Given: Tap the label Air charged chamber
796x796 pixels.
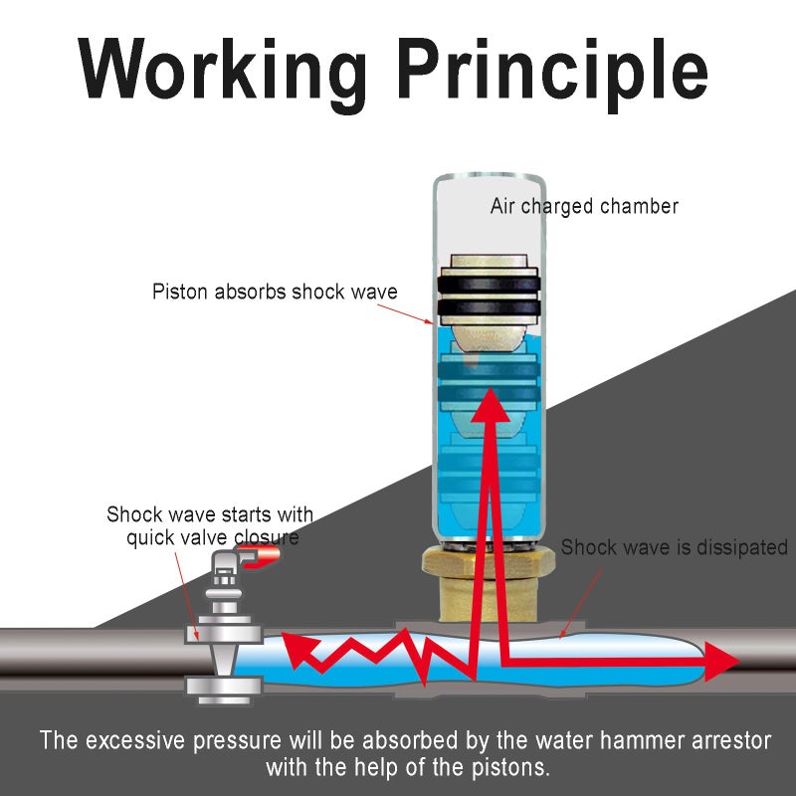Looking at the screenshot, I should point(584,207).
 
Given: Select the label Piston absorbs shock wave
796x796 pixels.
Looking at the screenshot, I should point(275,293).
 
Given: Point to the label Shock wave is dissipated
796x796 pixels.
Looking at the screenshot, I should point(674,548).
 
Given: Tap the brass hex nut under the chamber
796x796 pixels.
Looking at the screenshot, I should point(487,563).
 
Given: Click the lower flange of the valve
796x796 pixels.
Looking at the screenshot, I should point(223,686).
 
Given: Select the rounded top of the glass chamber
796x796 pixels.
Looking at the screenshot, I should point(489,184).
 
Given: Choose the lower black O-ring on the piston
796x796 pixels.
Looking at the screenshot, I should point(488,310).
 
